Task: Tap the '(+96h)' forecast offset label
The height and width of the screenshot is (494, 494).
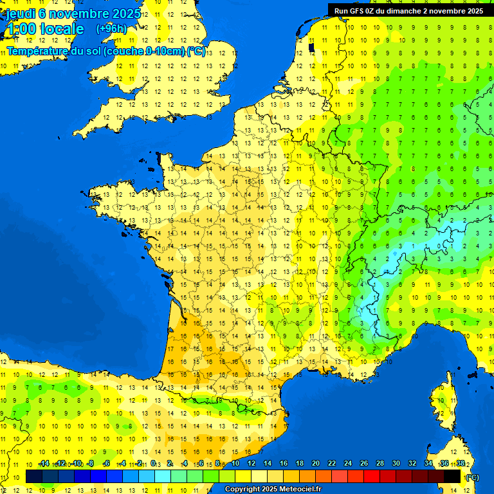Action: click(x=111, y=28)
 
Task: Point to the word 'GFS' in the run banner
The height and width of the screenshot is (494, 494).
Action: click(x=357, y=11)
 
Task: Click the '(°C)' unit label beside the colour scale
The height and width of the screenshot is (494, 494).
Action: click(x=471, y=477)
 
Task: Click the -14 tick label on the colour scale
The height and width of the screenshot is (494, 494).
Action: click(x=44, y=464)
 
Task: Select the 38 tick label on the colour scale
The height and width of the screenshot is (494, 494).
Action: click(x=461, y=464)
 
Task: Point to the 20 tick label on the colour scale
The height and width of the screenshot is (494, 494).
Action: click(x=316, y=464)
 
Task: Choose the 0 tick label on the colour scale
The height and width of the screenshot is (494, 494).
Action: click(x=153, y=464)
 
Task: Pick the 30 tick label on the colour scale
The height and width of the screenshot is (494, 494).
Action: click(x=396, y=464)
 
